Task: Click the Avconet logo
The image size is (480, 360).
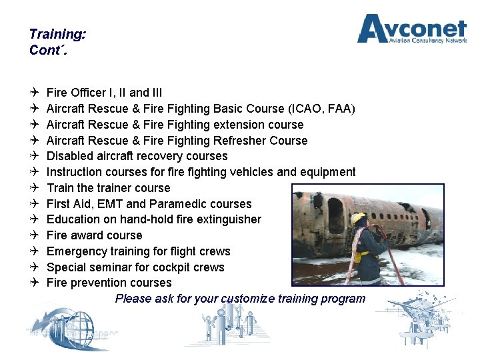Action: [411, 30]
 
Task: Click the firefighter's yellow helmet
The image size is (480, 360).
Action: [359, 219]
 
